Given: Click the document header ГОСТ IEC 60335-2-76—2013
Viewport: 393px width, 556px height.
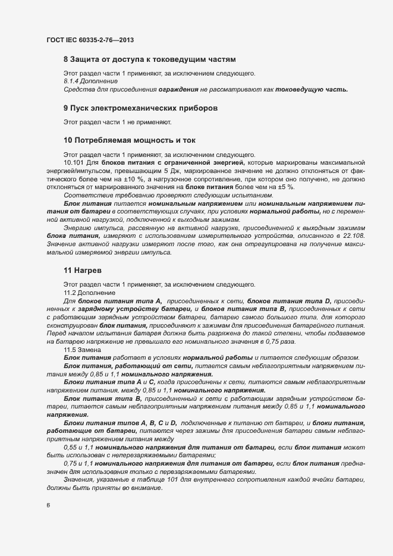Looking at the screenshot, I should click(x=89, y=40).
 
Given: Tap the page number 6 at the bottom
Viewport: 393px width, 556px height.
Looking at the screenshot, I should click(x=48, y=505).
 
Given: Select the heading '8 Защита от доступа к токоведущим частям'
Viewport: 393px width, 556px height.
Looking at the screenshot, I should click(x=150, y=59).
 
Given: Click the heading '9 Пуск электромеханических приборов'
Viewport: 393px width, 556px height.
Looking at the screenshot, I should click(x=140, y=108).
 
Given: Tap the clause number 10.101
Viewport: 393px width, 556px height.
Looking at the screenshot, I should click(x=74, y=162).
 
